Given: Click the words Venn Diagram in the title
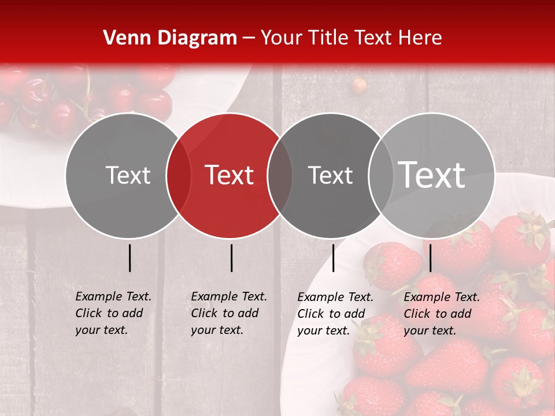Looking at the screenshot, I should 170,38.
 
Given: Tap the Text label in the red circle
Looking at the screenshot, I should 230,175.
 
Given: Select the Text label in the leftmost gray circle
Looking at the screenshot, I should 128,175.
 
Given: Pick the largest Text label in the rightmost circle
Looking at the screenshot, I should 432,174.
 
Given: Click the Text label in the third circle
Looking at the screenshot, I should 330,175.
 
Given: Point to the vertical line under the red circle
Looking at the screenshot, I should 231,258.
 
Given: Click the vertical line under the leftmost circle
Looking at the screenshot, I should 129,258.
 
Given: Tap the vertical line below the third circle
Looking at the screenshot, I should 333,258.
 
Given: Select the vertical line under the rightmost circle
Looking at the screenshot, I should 430,258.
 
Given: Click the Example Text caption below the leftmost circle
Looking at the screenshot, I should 113,313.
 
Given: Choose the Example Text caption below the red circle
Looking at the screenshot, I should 228,313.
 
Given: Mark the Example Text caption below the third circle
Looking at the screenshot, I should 335,314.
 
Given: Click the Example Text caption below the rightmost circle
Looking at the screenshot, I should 441,314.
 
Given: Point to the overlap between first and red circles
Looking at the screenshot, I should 179,176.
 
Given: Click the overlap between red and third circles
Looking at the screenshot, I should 280,176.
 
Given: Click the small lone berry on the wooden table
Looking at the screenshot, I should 359,86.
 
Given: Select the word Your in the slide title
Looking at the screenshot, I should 281,38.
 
